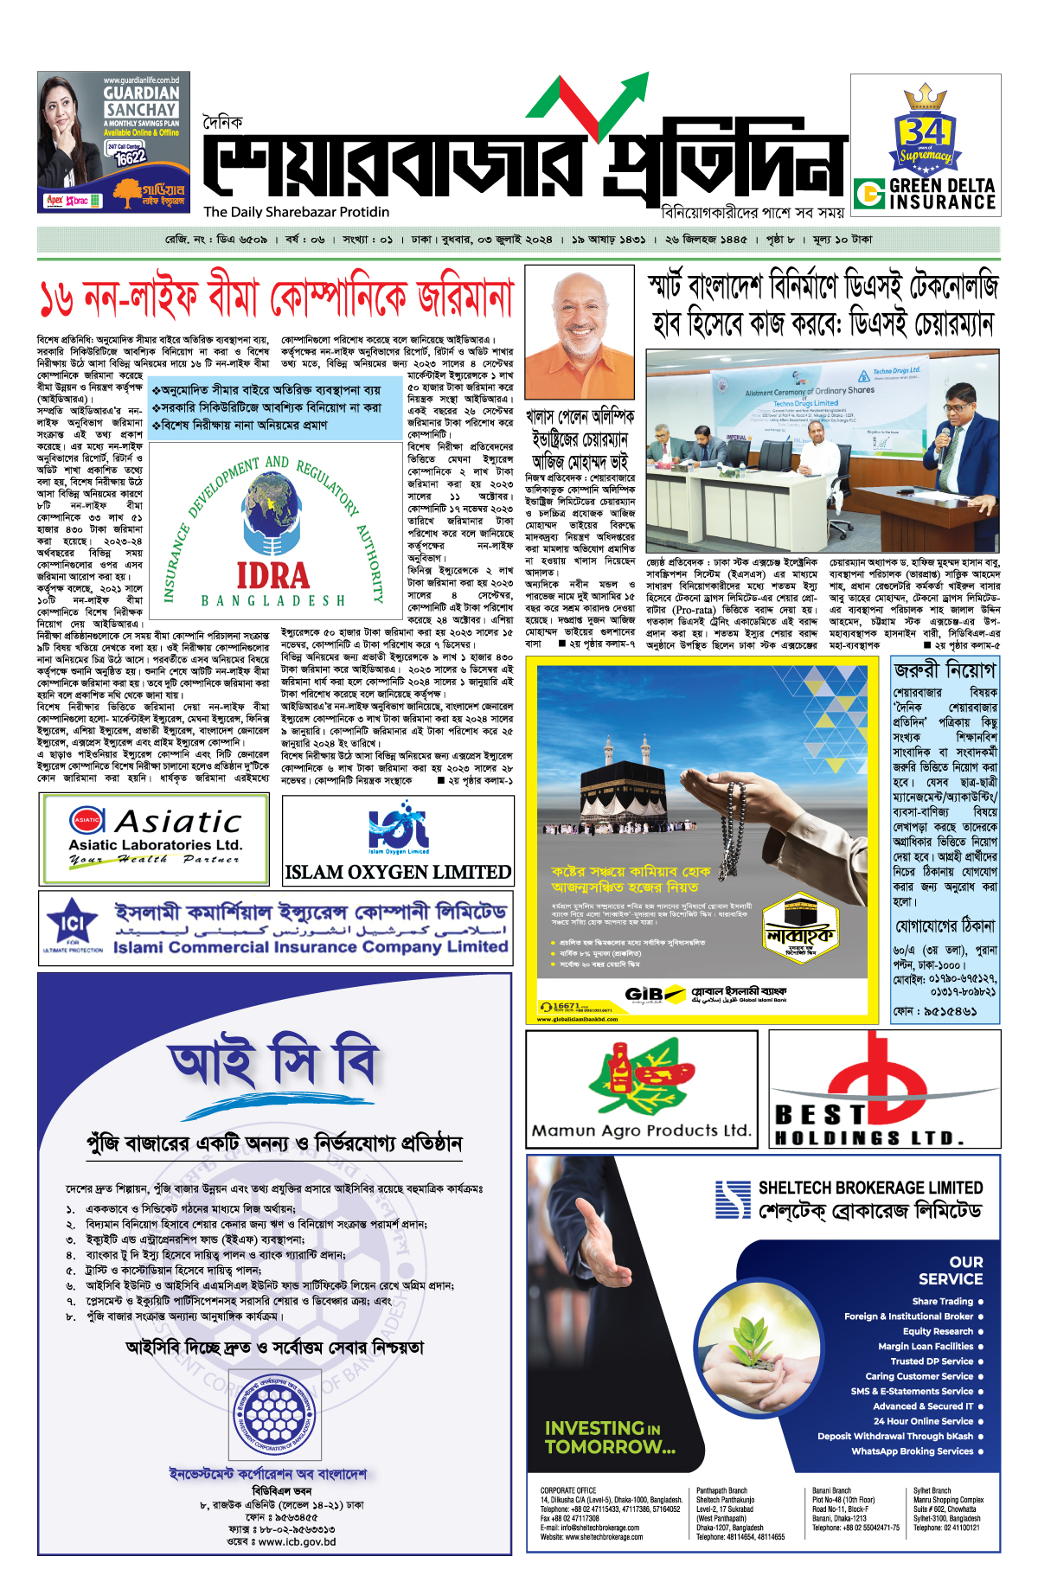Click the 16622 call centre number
coord(131,157)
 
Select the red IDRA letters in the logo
coord(272,575)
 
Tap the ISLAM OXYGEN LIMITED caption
coord(398,872)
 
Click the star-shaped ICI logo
coord(72,925)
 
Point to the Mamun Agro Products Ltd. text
coord(641,1130)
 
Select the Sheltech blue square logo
coord(733,1199)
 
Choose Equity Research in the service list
coord(938,1331)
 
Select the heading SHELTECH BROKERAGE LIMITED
coord(870,1188)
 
